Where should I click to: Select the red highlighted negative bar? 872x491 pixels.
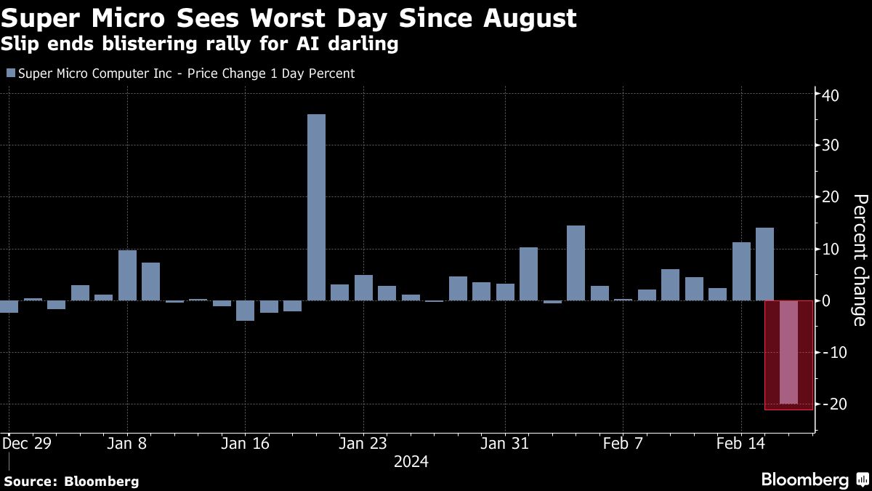[x=788, y=353]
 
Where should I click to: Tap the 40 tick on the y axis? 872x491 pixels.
[x=831, y=95]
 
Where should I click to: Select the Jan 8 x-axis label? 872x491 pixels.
[x=127, y=442]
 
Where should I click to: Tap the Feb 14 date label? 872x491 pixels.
[x=741, y=442]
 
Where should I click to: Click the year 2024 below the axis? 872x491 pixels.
[x=411, y=461]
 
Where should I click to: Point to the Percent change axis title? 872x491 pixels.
[x=859, y=260]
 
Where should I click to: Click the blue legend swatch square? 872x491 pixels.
[x=10, y=73]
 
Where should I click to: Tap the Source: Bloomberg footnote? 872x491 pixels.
[x=71, y=481]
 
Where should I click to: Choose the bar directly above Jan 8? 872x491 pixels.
[x=127, y=275]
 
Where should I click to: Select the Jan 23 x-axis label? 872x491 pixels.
[x=363, y=442]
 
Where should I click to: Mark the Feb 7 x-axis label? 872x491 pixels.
[x=623, y=442]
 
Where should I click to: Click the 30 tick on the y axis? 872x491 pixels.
[x=831, y=146]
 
